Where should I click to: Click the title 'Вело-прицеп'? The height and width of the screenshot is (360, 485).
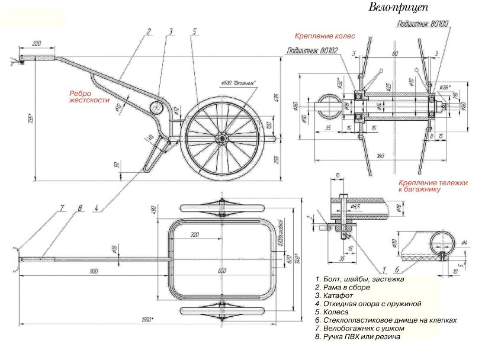(398, 8)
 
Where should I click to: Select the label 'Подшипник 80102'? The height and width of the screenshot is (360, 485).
(312, 51)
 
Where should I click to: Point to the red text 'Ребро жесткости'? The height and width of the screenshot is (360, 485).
(89, 97)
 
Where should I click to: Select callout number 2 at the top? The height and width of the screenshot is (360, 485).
(149, 31)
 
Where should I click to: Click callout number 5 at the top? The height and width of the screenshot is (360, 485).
(194, 31)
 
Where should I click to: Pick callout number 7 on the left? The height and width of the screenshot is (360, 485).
(61, 208)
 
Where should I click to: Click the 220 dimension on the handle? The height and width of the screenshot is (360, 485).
(37, 44)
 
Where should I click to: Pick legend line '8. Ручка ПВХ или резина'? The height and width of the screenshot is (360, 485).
(358, 336)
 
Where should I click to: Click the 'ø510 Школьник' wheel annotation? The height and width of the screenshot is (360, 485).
(238, 83)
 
